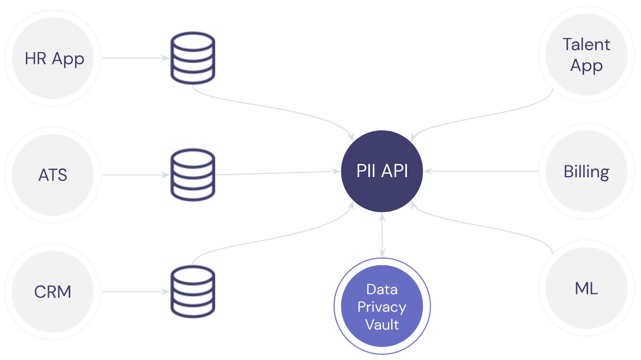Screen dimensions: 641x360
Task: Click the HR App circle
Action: coord(52,58)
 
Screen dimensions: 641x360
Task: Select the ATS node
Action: coord(52,175)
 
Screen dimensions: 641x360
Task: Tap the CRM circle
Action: coord(52,292)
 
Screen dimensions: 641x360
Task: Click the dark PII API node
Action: coord(382,171)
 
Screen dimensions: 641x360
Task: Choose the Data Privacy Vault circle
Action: coord(382,306)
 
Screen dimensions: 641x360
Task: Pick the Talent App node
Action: coord(587,54)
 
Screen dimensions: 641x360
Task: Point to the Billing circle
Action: coord(587,171)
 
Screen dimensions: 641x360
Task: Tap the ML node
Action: coord(587,288)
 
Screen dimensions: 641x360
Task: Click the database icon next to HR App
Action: coord(193,58)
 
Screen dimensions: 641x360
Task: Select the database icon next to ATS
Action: coord(193,175)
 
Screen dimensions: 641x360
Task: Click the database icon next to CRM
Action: coord(193,292)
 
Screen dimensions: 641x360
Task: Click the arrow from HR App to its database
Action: coord(136,58)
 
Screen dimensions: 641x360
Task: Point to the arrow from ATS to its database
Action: coord(136,175)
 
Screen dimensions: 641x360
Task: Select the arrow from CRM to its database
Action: coord(136,292)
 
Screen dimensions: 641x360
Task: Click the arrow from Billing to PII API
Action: coord(481,171)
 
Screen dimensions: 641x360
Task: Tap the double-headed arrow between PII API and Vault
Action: coord(382,235)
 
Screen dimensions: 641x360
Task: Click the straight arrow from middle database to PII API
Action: coord(278,173)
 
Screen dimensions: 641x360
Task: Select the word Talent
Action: coord(587,44)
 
